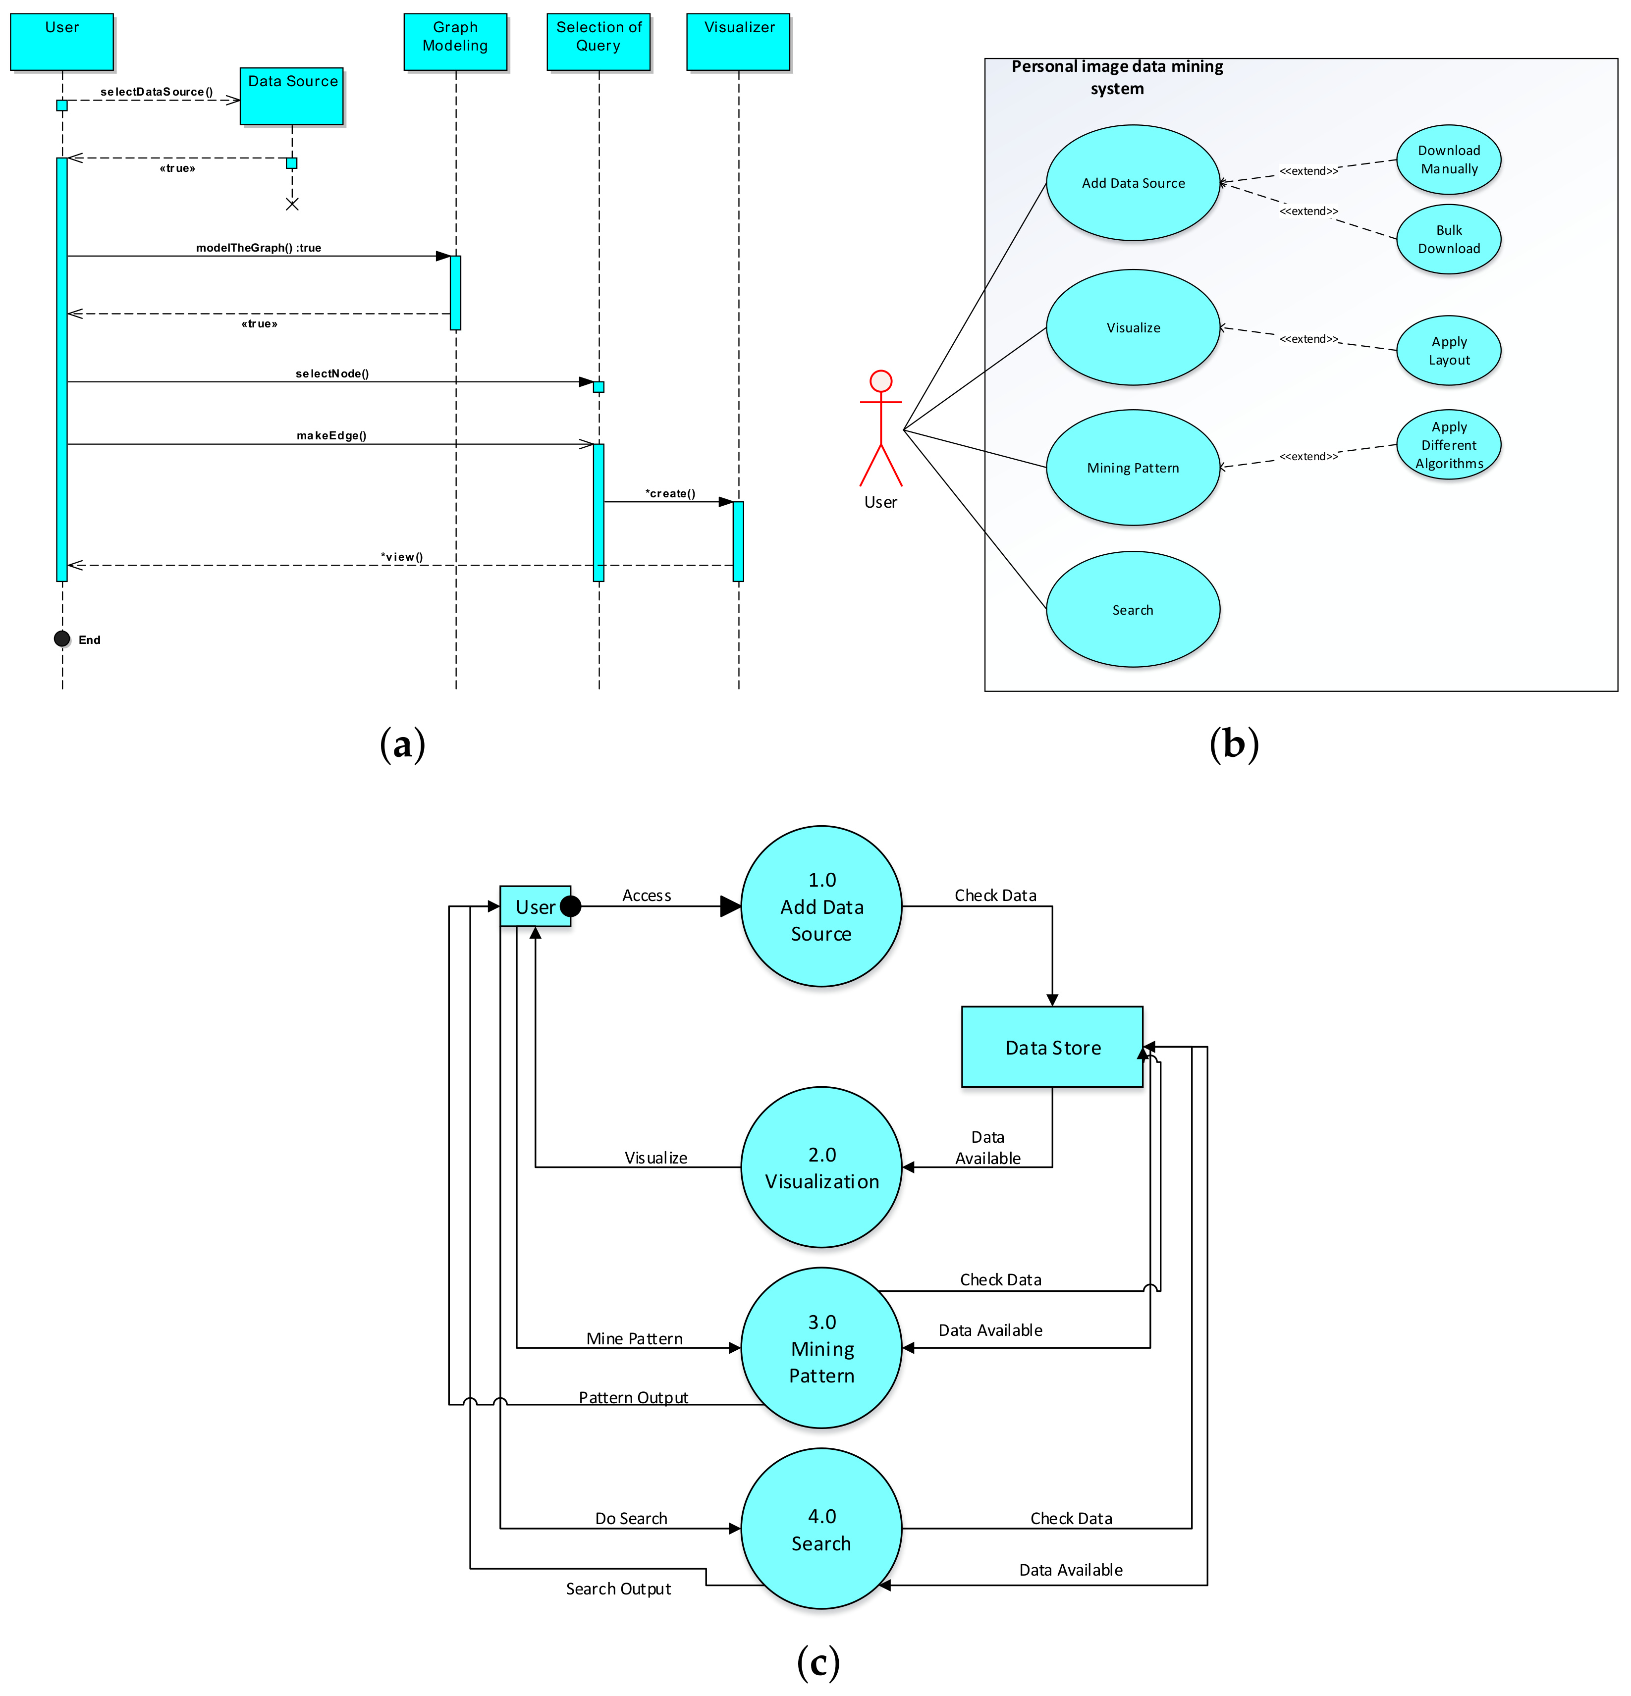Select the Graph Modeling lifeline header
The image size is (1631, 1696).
tap(455, 41)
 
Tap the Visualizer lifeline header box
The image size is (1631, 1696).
tap(738, 41)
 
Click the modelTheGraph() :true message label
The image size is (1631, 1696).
tap(258, 248)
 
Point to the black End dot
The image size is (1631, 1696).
tap(61, 638)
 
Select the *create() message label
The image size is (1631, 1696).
tap(669, 493)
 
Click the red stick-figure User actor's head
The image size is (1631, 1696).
tap(880, 381)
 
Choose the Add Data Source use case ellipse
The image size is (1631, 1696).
tap(1133, 183)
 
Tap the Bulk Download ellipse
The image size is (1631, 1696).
tap(1448, 239)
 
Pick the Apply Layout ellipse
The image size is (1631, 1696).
tap(1448, 351)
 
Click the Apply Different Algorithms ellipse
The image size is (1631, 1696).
tap(1448, 445)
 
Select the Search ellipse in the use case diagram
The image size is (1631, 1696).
tap(1133, 609)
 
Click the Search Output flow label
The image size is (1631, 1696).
tap(618, 1589)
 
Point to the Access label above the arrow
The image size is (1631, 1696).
tap(646, 895)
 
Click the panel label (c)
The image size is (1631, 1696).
tap(817, 1661)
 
